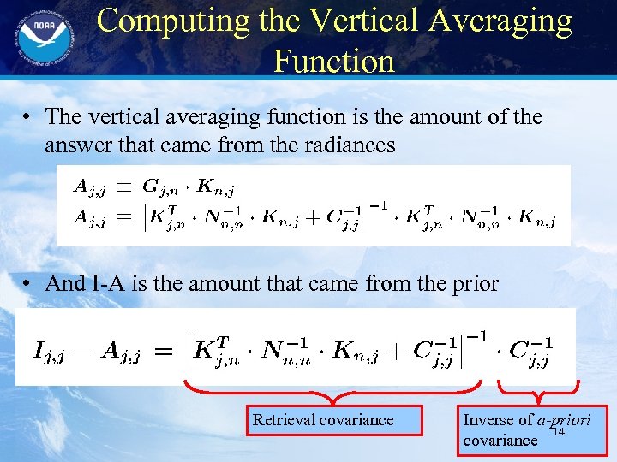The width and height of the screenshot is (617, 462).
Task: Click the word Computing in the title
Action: click(164, 21)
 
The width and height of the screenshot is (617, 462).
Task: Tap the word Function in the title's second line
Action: click(334, 61)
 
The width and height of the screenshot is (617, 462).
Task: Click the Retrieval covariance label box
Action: click(333, 420)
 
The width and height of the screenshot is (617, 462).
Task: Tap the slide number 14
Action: click(559, 433)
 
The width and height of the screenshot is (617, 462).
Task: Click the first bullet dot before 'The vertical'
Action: click(30, 118)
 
